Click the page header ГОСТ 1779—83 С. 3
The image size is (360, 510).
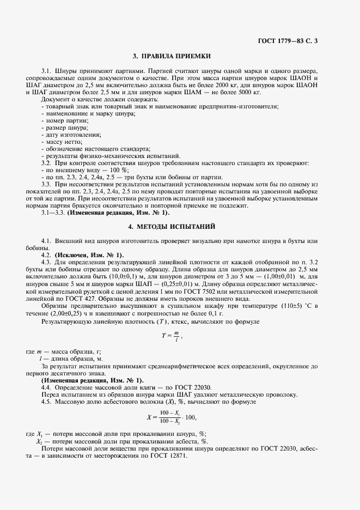pos(289,40)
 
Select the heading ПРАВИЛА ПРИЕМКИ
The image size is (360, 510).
pos(172,56)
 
